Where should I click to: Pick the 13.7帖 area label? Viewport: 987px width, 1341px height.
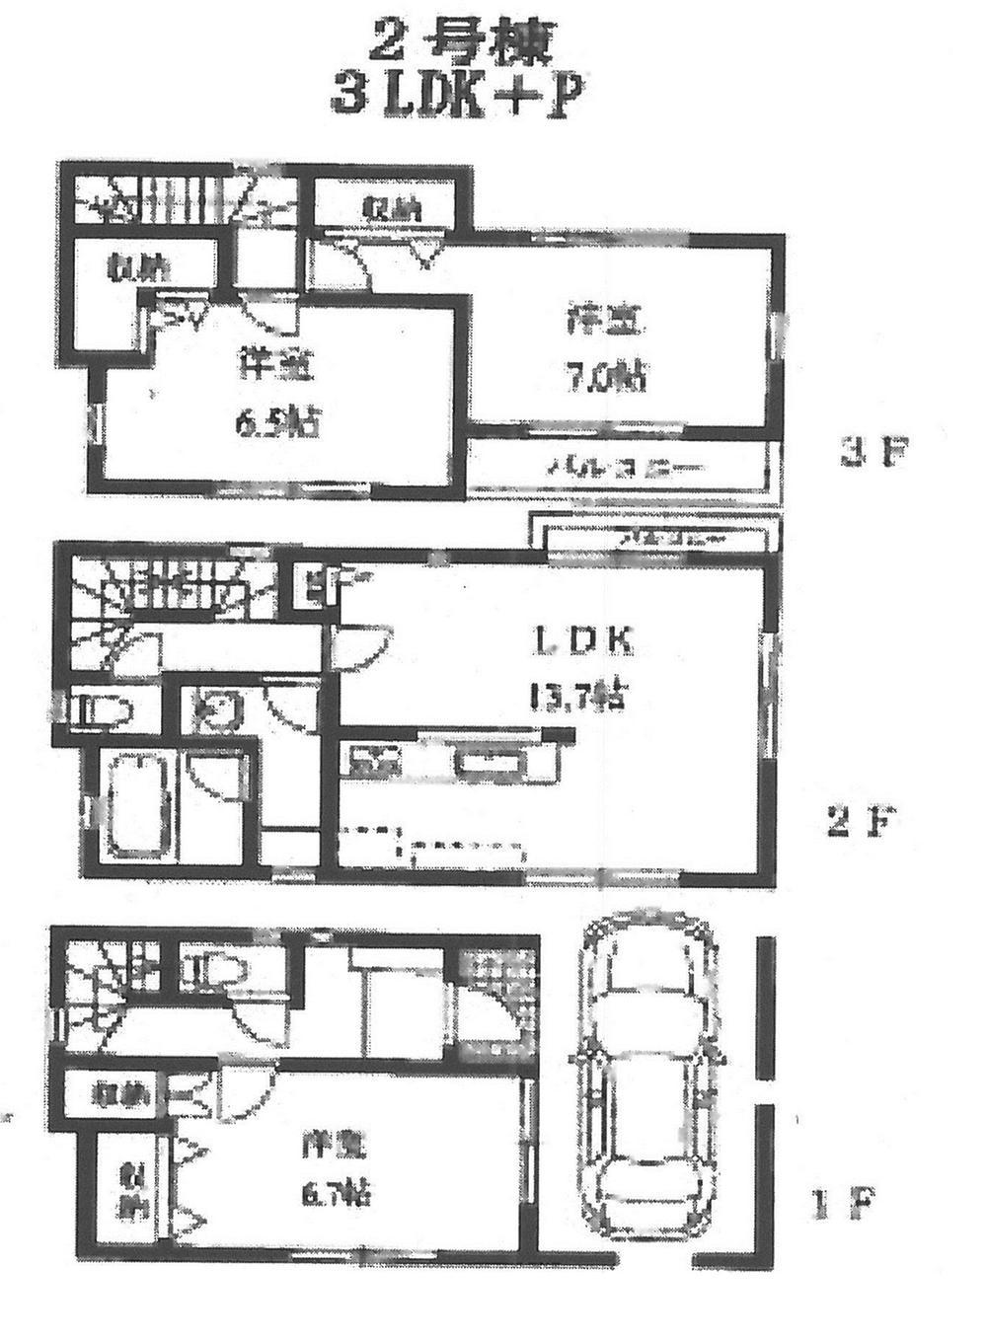[576, 698]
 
